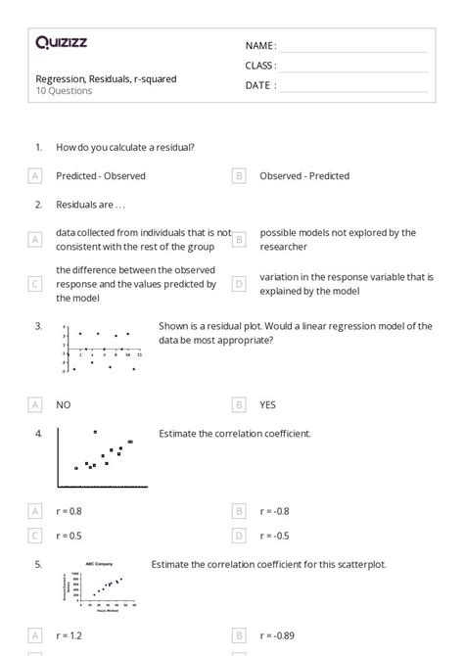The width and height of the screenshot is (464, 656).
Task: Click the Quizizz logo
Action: (x=61, y=42)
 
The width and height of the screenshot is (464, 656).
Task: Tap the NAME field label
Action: (x=259, y=46)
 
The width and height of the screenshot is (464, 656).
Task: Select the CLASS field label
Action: (x=260, y=66)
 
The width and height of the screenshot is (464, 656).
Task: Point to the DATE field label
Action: (x=259, y=85)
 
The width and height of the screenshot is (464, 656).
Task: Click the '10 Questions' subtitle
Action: (x=64, y=91)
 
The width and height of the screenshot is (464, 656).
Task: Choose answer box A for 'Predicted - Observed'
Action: (x=35, y=176)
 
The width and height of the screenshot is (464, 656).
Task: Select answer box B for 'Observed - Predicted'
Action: (x=239, y=176)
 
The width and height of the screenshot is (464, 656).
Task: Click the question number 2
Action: (x=38, y=205)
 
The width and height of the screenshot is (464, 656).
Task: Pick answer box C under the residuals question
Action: (x=35, y=284)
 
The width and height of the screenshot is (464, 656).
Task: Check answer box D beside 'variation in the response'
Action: (x=239, y=284)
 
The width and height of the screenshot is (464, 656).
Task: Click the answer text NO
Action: (x=64, y=403)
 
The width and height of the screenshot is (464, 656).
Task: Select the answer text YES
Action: (x=268, y=403)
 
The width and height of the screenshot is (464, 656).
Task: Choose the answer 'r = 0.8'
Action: (x=70, y=510)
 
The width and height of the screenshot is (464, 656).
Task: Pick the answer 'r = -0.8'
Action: (x=274, y=510)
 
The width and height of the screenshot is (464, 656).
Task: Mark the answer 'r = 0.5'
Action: (x=70, y=536)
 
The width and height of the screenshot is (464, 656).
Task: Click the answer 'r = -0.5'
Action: (x=274, y=536)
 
